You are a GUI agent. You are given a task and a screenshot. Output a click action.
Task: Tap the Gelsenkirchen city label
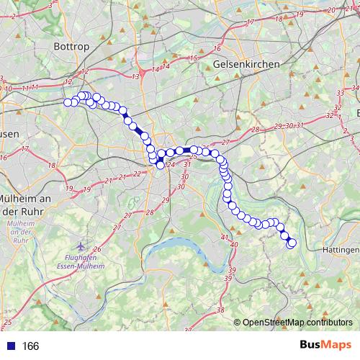pos(246,64)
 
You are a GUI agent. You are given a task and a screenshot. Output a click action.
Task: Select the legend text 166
pos(30,346)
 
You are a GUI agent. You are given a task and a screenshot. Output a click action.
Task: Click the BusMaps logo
pos(323,346)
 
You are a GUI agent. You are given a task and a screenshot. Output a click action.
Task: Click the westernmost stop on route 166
pos(68,102)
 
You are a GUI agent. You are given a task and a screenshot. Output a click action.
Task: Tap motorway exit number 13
pos(135,76)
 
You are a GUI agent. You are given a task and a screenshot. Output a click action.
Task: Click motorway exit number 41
pos(224,237)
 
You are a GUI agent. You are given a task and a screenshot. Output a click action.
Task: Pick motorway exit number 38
pos(220,310)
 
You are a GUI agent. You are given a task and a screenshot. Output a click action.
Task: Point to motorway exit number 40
pos(234,246)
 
